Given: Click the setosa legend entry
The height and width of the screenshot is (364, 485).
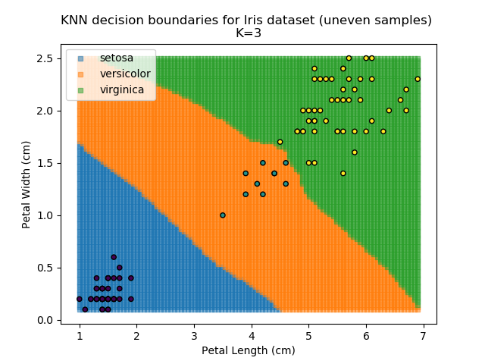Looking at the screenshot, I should (114, 58).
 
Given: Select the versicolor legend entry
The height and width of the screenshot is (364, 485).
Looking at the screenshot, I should (125, 74).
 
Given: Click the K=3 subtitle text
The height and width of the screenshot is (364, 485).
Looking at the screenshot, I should (246, 33).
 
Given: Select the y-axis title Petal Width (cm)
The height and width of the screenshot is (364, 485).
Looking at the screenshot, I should (26, 184).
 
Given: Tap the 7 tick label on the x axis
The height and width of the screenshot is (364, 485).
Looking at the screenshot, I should (423, 336).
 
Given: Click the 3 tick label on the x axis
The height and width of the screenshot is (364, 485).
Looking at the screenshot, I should (194, 336).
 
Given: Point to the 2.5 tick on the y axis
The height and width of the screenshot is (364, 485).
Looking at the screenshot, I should (45, 58).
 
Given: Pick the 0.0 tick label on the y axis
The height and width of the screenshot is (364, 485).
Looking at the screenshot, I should (45, 320).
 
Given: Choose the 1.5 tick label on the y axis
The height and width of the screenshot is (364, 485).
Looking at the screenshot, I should (45, 163).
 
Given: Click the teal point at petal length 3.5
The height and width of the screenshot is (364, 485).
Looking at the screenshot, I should (223, 215).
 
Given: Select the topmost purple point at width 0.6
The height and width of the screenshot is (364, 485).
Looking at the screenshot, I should (114, 257).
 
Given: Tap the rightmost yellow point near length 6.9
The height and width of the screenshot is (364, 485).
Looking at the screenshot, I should (418, 79).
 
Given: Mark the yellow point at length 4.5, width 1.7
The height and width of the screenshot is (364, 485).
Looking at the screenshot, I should (280, 142).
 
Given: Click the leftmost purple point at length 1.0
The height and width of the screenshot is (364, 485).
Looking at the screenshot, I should (80, 299).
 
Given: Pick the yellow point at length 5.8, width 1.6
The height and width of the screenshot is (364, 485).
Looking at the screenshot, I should (355, 152).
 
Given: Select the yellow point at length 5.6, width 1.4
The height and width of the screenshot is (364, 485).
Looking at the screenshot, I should (343, 174).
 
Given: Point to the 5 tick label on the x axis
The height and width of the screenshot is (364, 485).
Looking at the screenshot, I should (308, 336).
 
